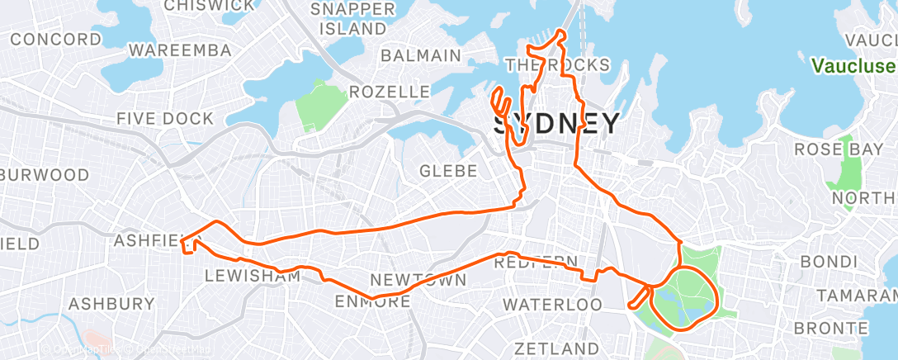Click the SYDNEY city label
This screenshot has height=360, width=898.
pos(556,124)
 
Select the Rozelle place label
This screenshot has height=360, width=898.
pos(390,91)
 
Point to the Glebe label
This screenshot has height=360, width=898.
pos(449,171)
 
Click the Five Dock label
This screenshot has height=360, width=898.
pos(165,119)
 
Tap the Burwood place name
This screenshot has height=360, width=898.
pos(45,175)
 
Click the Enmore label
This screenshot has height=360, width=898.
pos(372,302)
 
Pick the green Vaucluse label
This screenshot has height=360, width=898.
pos(853,65)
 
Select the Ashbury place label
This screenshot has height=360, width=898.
pos(111,304)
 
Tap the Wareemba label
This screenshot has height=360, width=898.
pos(180,51)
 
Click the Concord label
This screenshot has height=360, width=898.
pos(56,40)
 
